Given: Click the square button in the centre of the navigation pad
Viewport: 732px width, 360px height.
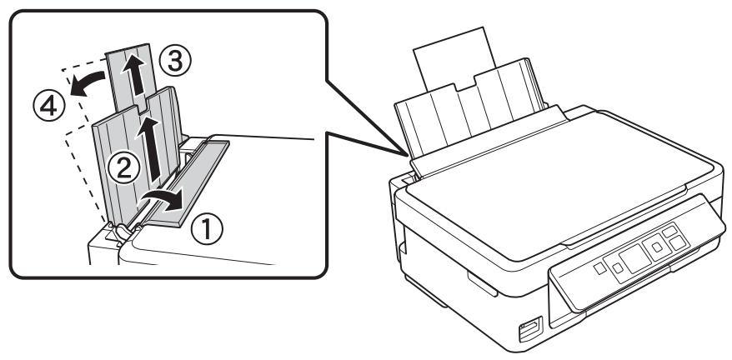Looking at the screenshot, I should (x=655, y=246).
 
